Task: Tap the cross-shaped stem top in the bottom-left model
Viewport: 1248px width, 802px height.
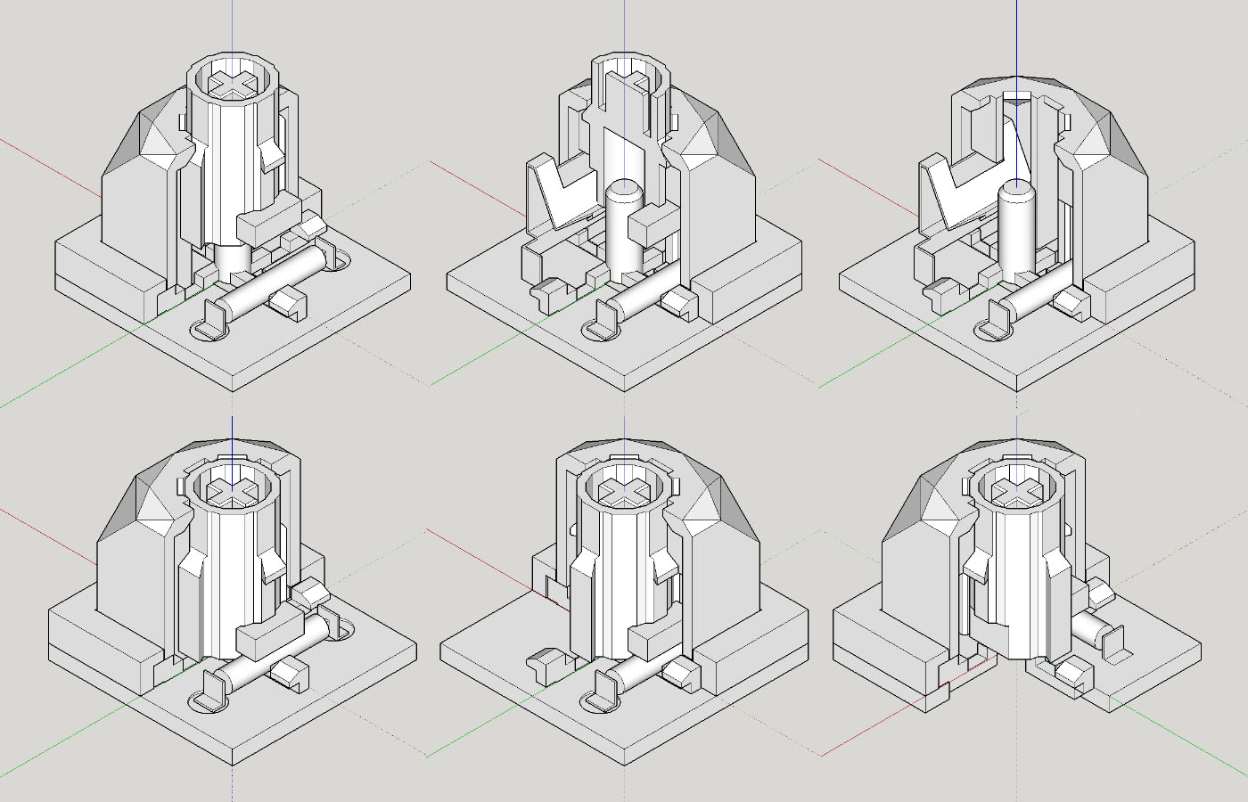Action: [232, 488]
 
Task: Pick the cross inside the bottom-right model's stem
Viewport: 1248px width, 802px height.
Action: [1017, 489]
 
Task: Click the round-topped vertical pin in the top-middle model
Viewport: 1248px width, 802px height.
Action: [623, 227]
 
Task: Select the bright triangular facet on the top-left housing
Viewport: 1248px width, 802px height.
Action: [160, 143]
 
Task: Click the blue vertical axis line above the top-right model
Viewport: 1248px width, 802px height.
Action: [1017, 36]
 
